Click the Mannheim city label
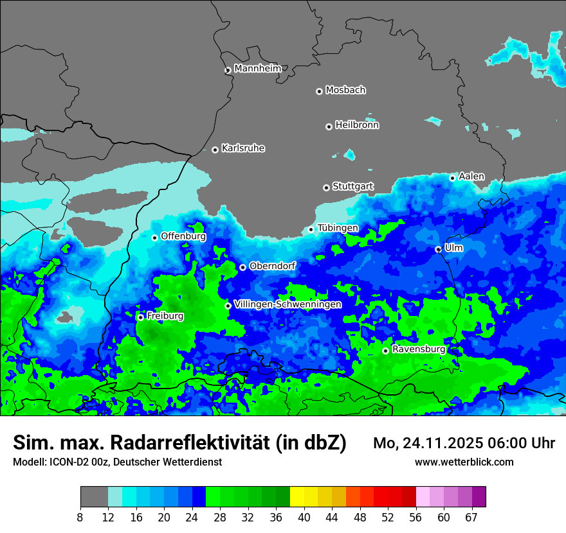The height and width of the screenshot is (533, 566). pos(257,68)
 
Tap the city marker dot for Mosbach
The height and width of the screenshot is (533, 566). pos(319,91)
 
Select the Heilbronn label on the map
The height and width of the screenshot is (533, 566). pos(357,125)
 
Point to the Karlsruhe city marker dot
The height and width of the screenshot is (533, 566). pos(215,150)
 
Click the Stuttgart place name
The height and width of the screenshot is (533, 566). pos(352,186)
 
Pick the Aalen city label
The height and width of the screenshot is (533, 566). pos(471,176)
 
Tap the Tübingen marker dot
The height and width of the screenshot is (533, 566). pos(311,229)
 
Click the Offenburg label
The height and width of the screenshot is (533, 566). pos(183,236)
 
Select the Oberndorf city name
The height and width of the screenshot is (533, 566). pos(272,265)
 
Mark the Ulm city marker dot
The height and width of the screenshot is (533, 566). pos(438,249)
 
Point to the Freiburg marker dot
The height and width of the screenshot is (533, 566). pos(140,317)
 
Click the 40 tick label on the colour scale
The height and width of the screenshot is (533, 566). pos(304,518)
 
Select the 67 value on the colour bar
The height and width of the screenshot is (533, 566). pos(471,518)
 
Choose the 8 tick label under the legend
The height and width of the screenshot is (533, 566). pos(80,518)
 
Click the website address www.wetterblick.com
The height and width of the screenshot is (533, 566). pos(464,462)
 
